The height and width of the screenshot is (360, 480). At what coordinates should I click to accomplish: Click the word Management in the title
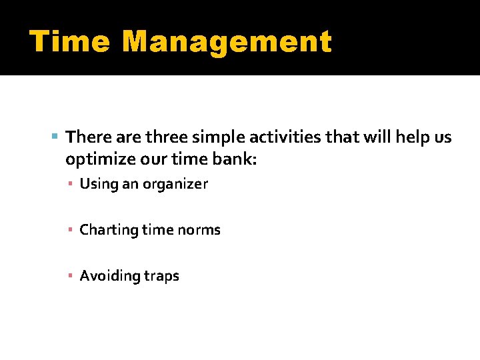click(227, 41)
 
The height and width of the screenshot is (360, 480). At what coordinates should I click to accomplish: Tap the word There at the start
click(89, 137)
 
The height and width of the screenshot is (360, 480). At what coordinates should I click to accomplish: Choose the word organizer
click(177, 184)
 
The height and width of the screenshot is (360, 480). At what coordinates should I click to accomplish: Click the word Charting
click(107, 230)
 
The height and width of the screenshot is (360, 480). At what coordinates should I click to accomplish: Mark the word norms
click(199, 230)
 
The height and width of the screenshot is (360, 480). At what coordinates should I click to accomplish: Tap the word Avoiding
click(107, 276)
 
